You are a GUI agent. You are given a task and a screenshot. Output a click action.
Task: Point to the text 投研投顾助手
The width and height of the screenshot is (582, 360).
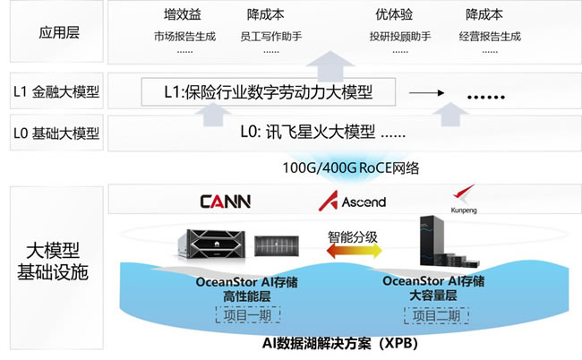click(x=400, y=38)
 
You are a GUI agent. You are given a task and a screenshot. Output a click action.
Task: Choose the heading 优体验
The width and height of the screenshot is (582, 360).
click(x=396, y=15)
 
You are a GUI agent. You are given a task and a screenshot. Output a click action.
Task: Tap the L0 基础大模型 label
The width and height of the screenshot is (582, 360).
click(x=56, y=134)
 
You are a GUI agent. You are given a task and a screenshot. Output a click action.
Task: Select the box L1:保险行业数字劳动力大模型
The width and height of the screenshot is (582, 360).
click(x=268, y=91)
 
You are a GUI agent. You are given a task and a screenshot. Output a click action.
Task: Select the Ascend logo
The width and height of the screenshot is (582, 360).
click(x=352, y=201)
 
